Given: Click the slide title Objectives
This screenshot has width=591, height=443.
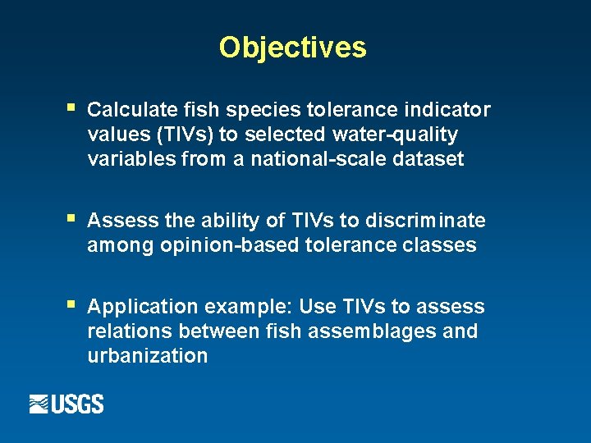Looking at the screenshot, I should click(x=292, y=48).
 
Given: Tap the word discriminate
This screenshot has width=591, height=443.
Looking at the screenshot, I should click(x=428, y=221).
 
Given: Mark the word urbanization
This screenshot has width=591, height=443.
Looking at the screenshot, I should click(x=147, y=356).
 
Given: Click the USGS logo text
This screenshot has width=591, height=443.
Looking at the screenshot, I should click(x=79, y=404).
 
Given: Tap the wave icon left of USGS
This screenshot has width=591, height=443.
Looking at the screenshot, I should click(x=39, y=404).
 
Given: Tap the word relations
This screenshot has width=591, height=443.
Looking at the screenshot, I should click(x=125, y=331).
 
